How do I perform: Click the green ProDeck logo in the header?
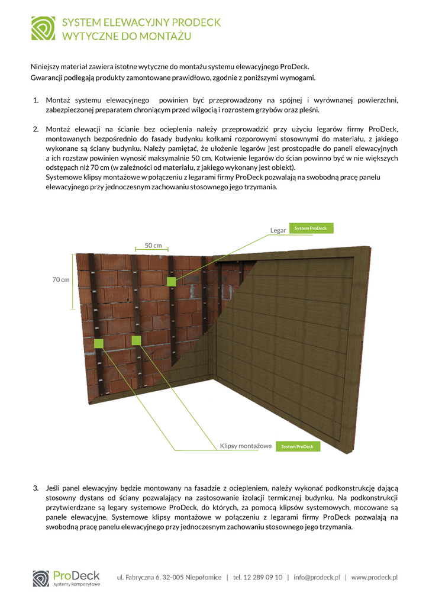point(43,28)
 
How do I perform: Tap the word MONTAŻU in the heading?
point(165,37)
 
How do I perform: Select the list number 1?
point(36,100)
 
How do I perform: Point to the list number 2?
point(36,129)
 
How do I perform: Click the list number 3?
point(36,488)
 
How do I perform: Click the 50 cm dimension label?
point(153,245)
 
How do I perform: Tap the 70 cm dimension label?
point(61,279)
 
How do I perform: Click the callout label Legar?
point(278,230)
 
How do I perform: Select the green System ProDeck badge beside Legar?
point(311,228)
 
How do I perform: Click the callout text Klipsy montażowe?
point(246,446)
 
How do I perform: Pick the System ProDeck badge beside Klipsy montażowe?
point(298,446)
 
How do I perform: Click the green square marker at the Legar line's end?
point(171,282)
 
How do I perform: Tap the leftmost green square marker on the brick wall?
point(98,343)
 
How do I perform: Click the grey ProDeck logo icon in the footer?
point(41,578)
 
